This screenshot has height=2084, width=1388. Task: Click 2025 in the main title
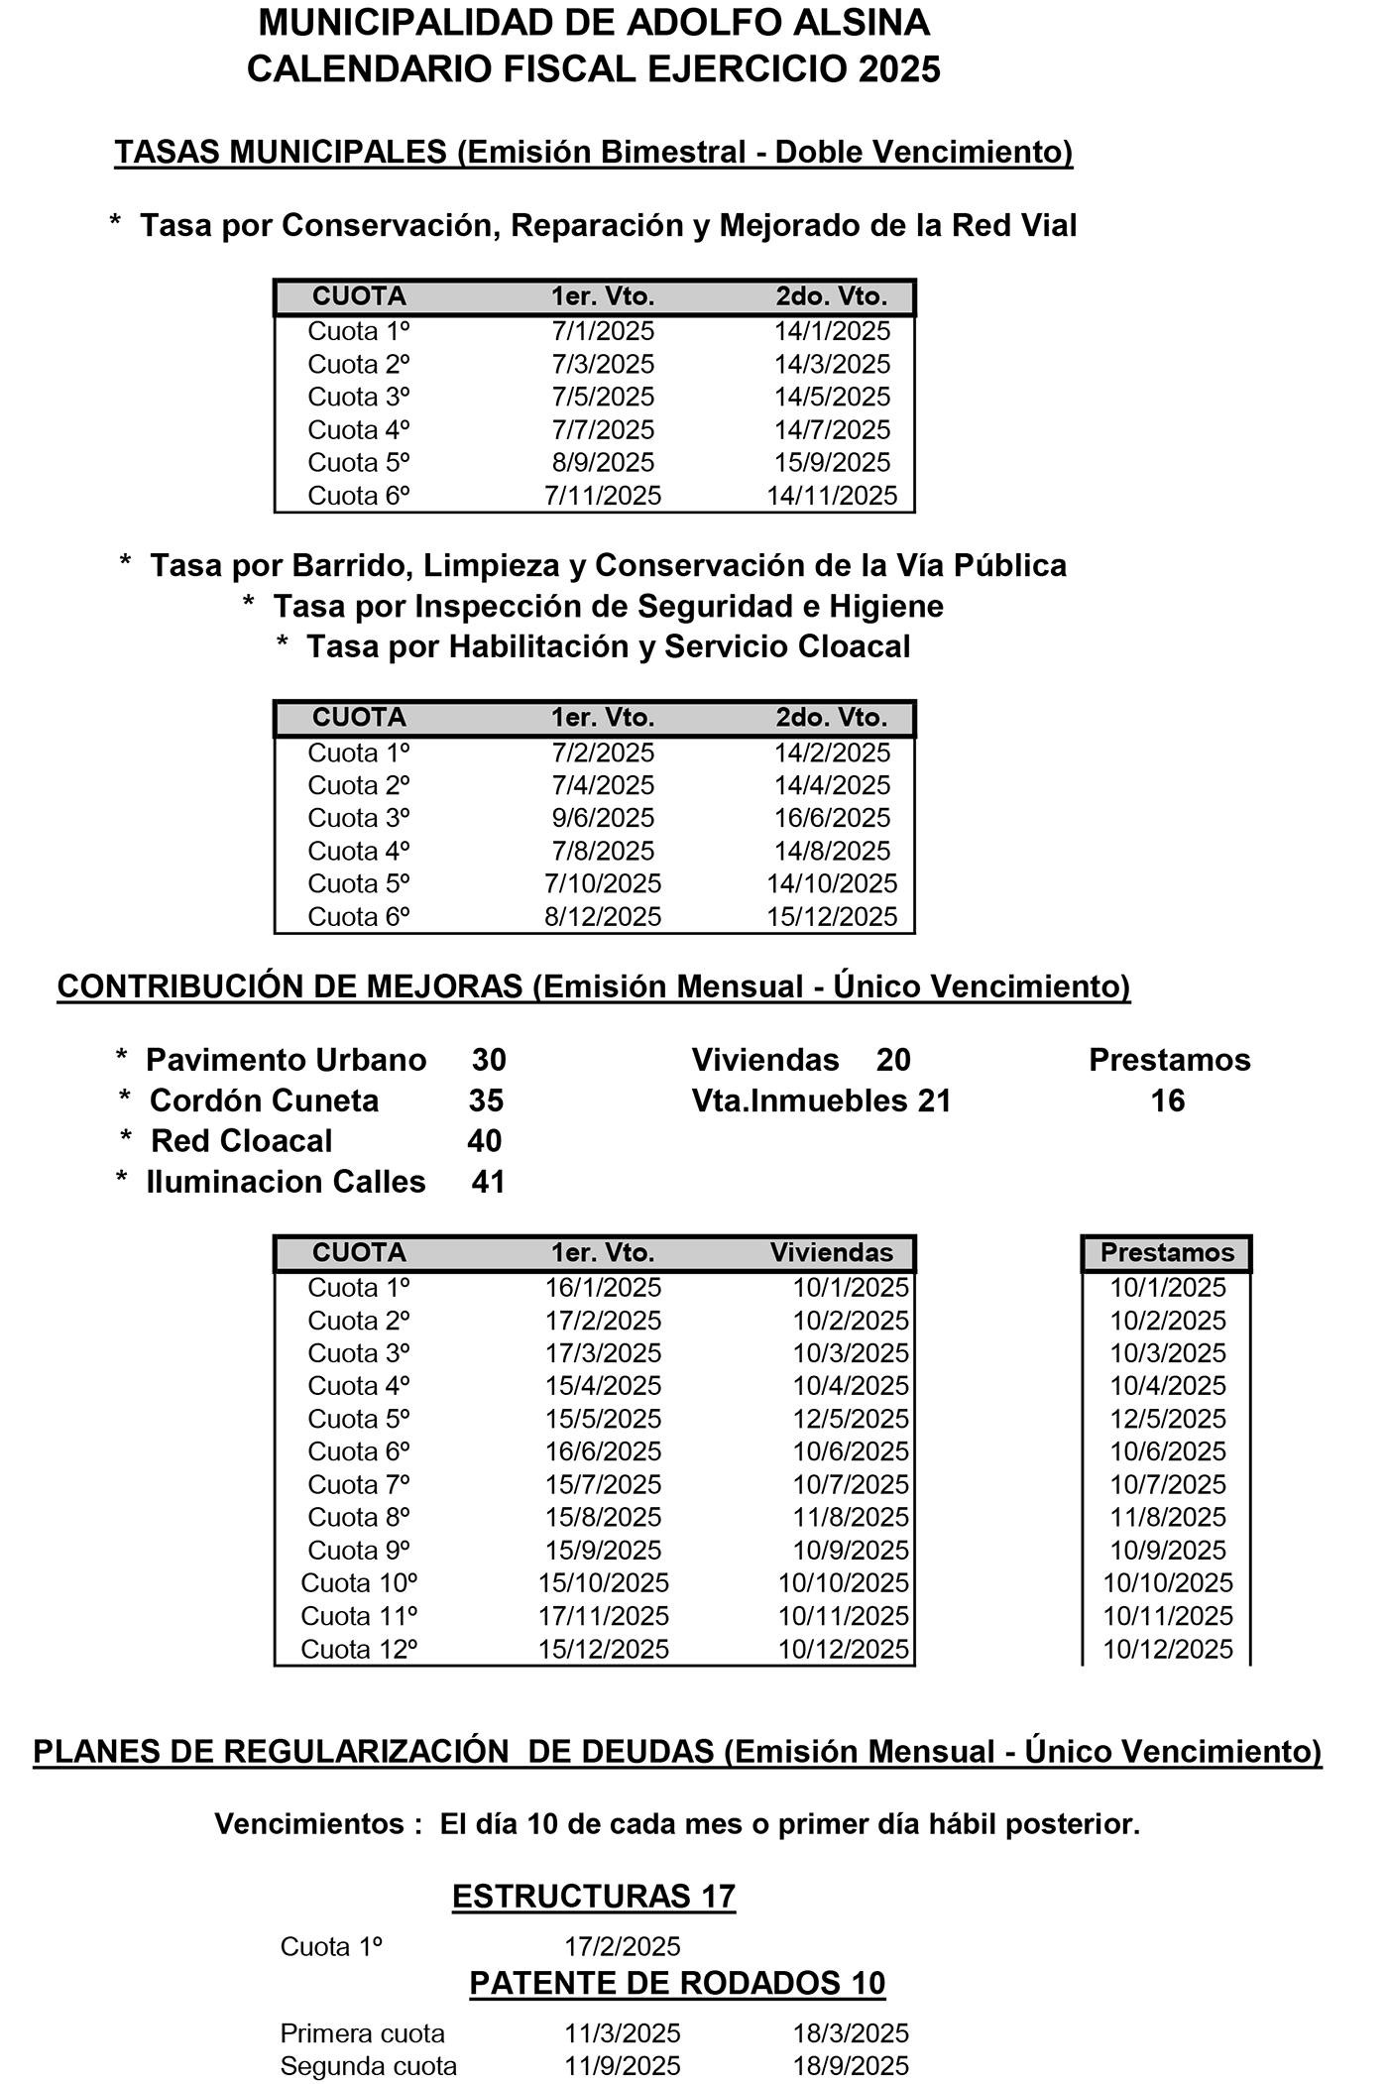[x=899, y=69]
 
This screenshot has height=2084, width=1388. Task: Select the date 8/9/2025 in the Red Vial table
[x=603, y=463]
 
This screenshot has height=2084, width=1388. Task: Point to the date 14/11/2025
[x=832, y=496]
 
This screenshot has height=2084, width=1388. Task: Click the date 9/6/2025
[x=603, y=818]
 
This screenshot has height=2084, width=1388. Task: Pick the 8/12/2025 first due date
[x=603, y=917]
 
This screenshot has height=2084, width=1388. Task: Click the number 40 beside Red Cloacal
[x=485, y=1141]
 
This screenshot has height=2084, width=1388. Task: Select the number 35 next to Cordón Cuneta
[x=486, y=1100]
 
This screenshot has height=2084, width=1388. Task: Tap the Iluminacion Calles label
[x=286, y=1182]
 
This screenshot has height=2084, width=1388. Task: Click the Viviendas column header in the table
[x=832, y=1253]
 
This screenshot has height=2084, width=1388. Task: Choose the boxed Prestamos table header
[x=1167, y=1253]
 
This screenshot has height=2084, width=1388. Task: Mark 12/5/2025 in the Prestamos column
[x=1168, y=1419]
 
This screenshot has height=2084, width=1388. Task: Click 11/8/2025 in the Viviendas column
[x=851, y=1517]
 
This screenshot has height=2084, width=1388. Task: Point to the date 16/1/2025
[x=603, y=1288]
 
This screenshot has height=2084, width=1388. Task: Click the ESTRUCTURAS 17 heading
[x=594, y=1897]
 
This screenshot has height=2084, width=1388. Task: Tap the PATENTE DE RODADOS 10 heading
[x=677, y=1983]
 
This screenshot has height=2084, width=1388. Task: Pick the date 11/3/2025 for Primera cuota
[x=623, y=2033]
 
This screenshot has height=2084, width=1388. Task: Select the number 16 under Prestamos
[x=1168, y=1100]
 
